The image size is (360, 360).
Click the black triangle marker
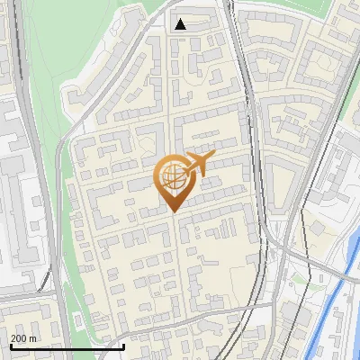click(x=181, y=24)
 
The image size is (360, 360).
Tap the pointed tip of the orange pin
click(x=175, y=211)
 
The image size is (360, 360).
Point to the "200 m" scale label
click(x=23, y=338)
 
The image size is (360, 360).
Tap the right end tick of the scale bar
click(x=123, y=345)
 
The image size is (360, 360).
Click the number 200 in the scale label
click(x=18, y=338)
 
